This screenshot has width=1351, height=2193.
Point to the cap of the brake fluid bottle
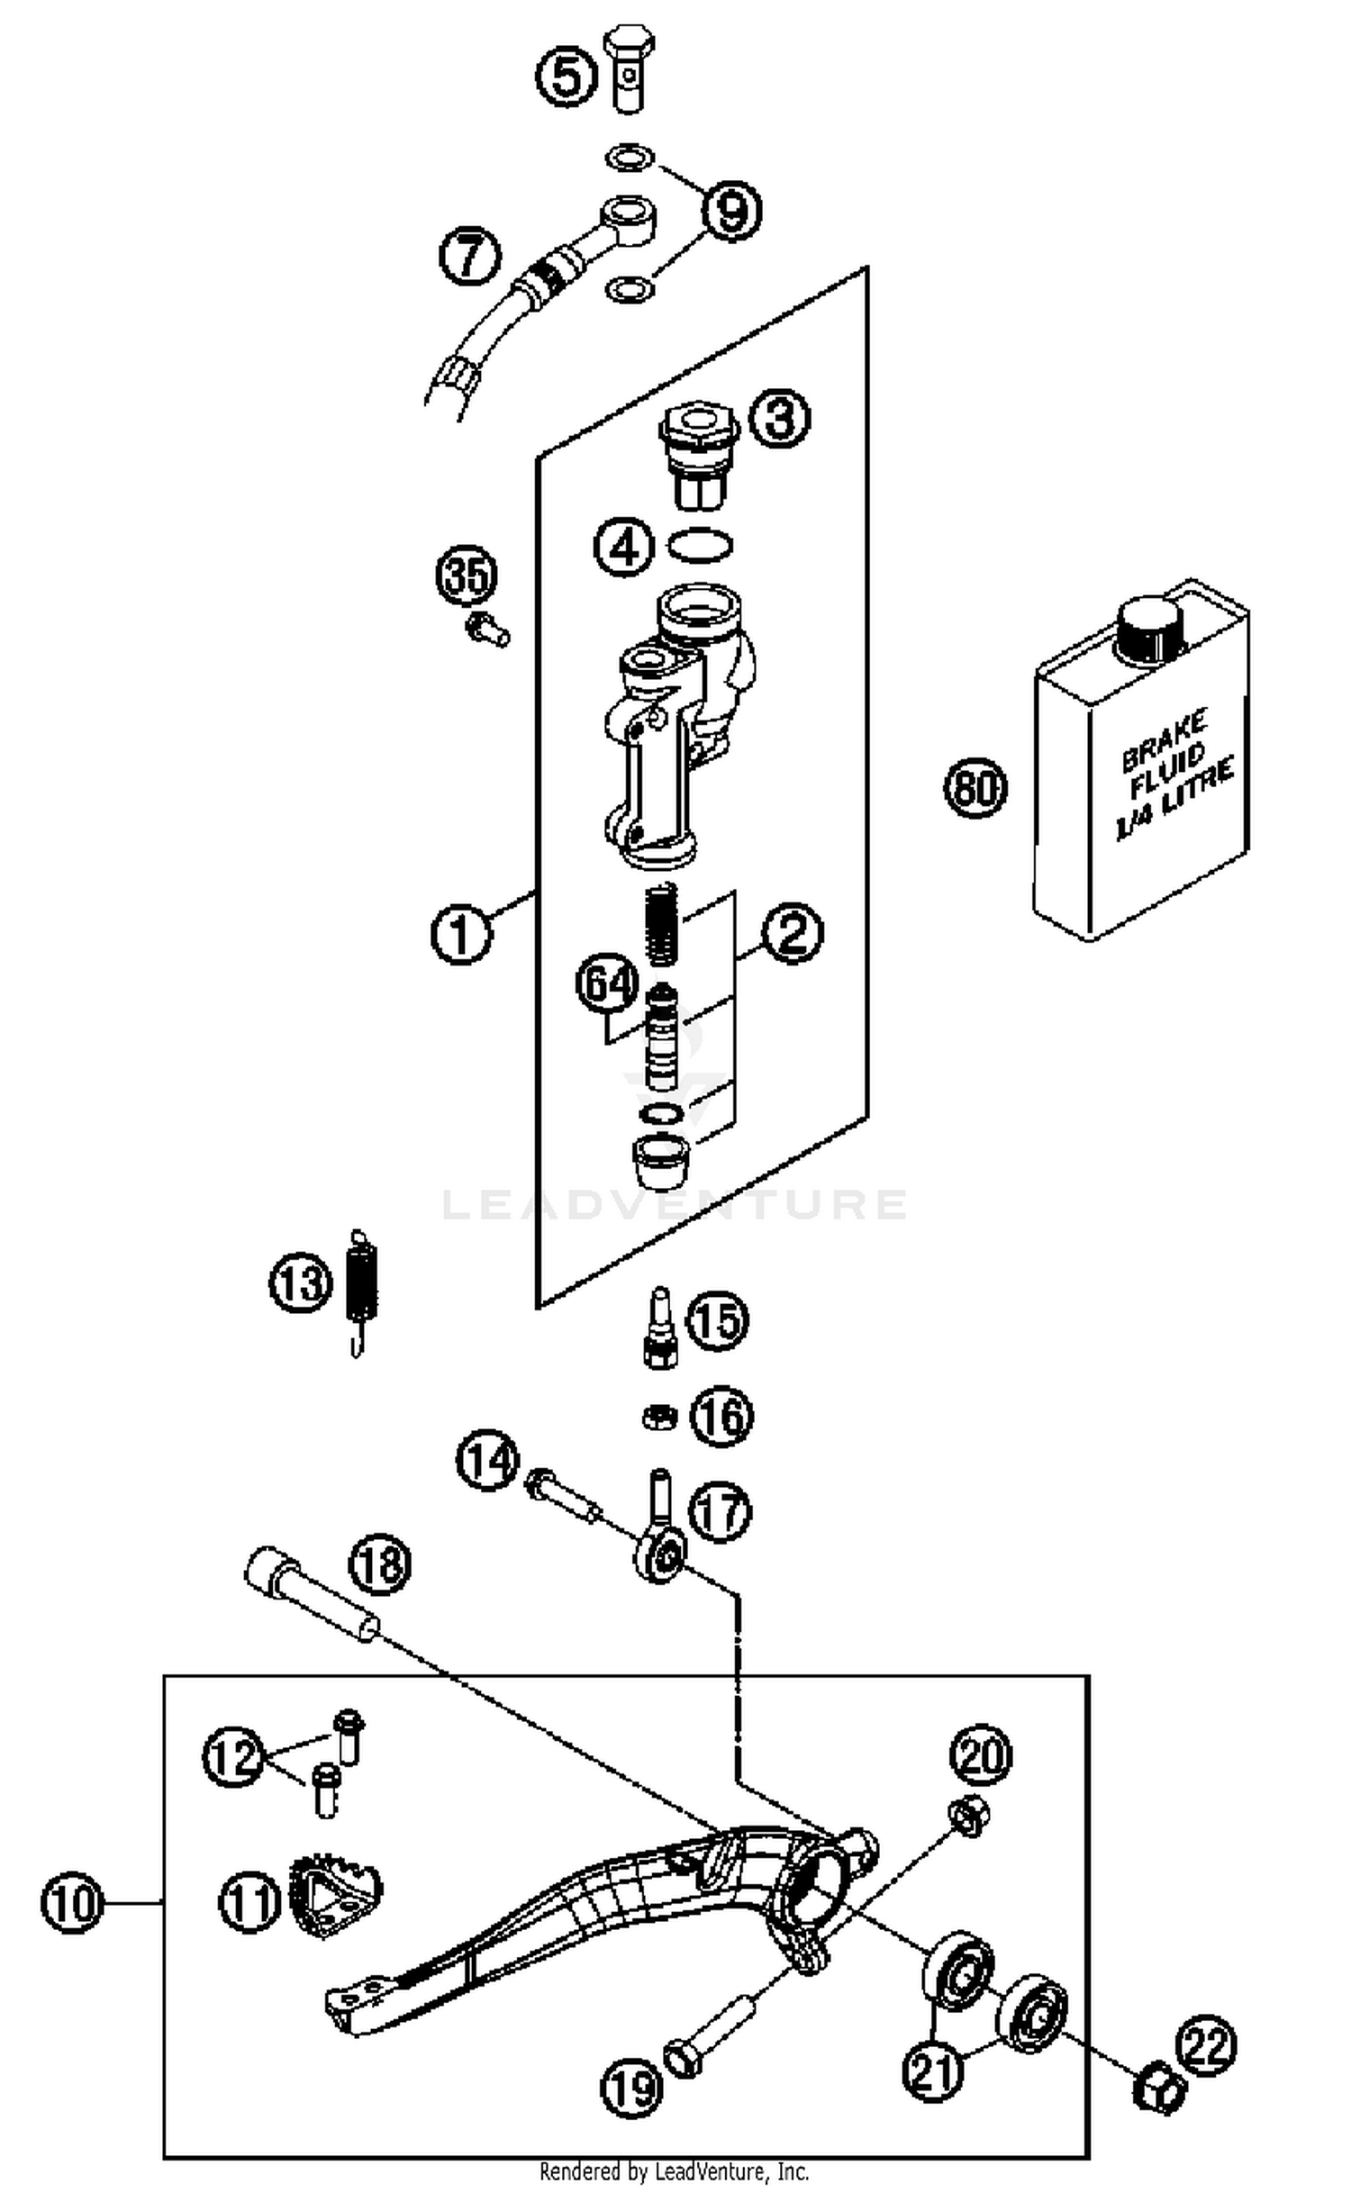tap(1148, 627)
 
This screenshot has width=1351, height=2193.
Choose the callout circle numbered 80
tap(975, 788)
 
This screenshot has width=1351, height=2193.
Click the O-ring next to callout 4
tap(699, 545)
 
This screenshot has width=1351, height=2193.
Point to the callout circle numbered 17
tap(720, 1513)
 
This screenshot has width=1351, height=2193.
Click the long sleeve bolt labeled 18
tap(311, 1601)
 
